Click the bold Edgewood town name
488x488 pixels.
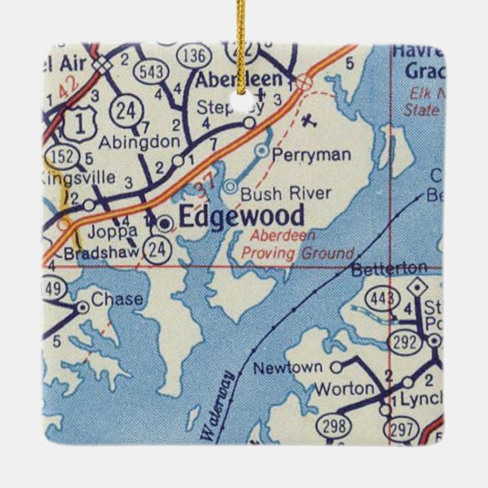click(241, 217)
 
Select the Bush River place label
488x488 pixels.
click(274, 193)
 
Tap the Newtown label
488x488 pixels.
click(288, 368)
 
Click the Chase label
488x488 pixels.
click(116, 299)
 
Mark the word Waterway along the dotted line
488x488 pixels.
click(216, 415)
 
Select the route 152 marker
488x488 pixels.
click(59, 156)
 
